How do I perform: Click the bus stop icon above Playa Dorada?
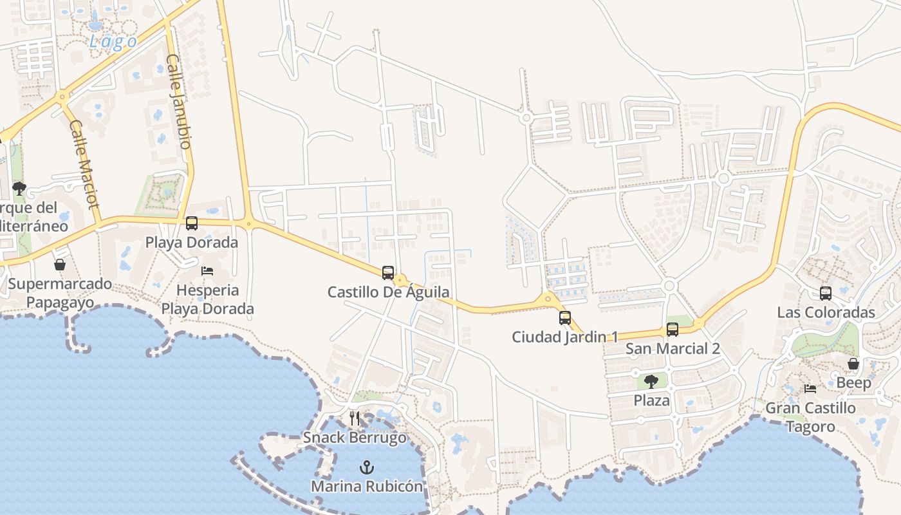coord(192,223)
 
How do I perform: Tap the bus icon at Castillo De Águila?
coord(387,272)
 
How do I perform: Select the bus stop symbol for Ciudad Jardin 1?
coord(564,317)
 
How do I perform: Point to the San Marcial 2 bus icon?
coord(673,330)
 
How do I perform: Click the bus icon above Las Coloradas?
coord(826,294)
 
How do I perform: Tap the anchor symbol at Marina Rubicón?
coord(367,467)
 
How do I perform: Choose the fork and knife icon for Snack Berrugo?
coord(355,418)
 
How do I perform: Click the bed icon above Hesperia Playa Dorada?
coord(207,271)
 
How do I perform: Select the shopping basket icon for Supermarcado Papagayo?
coord(60,265)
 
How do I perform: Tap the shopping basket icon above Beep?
coord(853,364)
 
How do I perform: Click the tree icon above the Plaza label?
coord(651,381)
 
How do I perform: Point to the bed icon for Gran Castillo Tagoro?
coord(810,389)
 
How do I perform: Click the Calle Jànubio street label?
coord(179,102)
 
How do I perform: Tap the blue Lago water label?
coord(113,42)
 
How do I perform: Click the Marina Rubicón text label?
coord(367,486)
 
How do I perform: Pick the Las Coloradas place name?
coord(826,313)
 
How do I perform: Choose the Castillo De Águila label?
coord(388,292)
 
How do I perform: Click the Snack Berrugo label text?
coord(355,438)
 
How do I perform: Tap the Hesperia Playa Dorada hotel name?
coord(207,299)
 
